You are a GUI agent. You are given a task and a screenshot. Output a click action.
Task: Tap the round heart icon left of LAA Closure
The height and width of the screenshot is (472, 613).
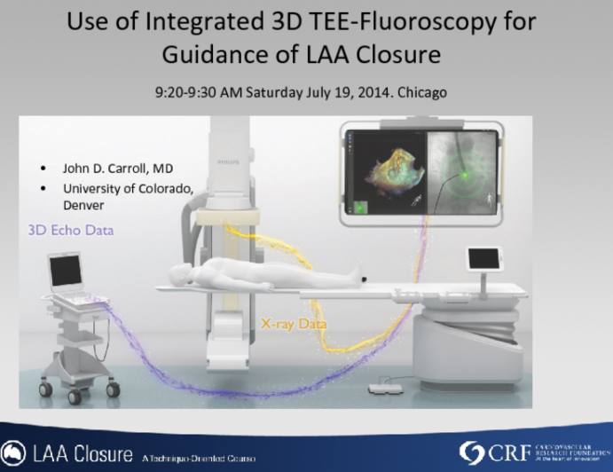pyautogui.click(x=13, y=453)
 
